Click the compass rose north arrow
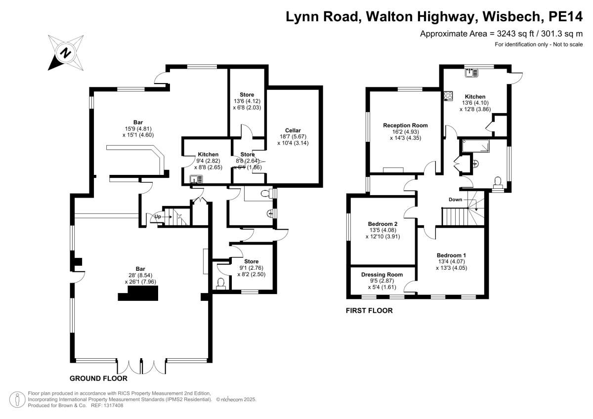tap(64, 52)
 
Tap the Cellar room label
tap(293, 130)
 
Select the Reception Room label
tap(405, 126)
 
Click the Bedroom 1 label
tap(452, 255)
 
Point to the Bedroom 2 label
tap(382, 224)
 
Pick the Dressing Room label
tap(381, 275)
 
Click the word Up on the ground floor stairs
tap(158, 216)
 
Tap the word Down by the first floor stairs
tap(455, 200)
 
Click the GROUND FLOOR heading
tap(98, 378)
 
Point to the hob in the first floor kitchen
tap(449, 95)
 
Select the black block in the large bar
tap(138, 294)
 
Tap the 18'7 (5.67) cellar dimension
tap(293, 137)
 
